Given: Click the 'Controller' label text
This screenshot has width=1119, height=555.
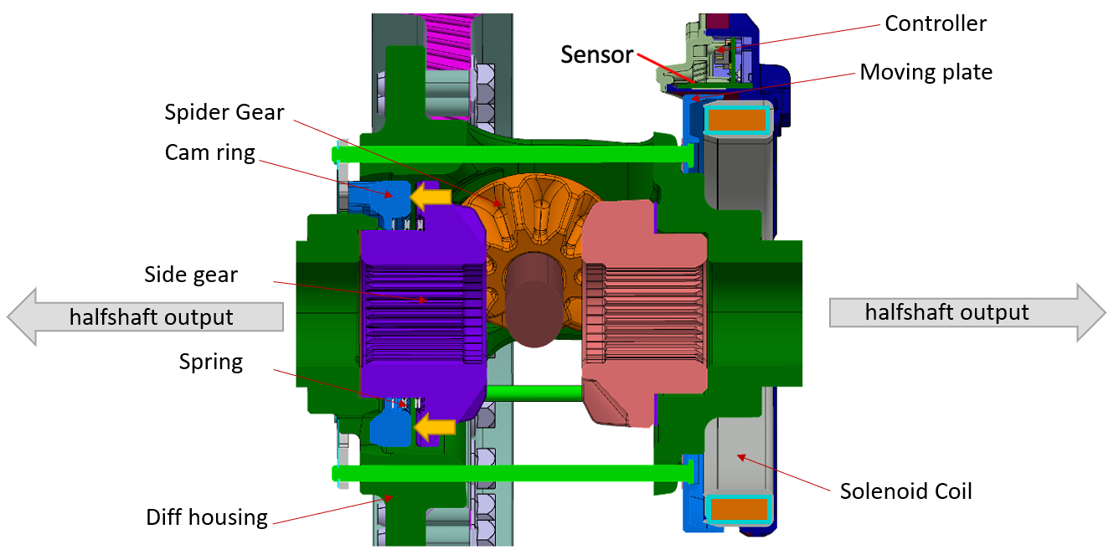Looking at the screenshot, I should pos(936,23).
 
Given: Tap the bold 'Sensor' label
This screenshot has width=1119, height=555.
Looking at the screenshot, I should pos(597,55).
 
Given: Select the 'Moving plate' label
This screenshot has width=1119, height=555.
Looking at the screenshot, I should pos(926,72).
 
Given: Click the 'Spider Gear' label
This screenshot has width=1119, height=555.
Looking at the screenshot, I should pos(224,112).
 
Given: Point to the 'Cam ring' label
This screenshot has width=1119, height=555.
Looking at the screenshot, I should pos(209,152).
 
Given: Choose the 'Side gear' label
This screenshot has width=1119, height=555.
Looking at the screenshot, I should pos(191,275).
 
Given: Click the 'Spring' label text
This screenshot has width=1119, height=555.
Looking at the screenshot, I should pos(210,362).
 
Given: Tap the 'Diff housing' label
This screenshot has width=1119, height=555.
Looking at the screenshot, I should pos(207,516).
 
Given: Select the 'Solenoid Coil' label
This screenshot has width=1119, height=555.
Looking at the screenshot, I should pos(905,491).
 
